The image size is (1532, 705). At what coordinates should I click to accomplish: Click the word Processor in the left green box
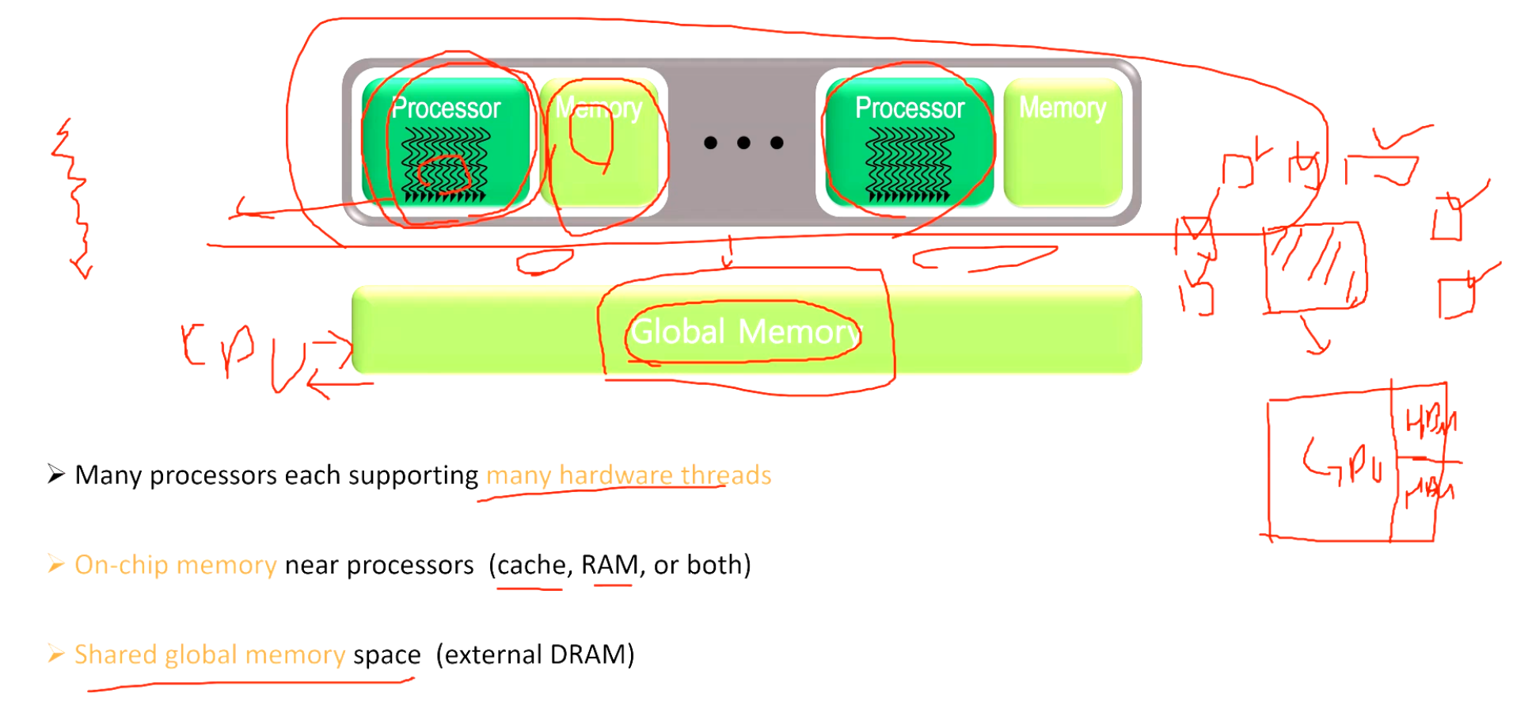coord(446,109)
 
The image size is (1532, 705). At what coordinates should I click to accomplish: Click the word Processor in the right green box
coord(910,109)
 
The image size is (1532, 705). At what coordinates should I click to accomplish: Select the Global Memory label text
coord(744,331)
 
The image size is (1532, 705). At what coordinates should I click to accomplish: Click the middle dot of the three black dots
coord(743,143)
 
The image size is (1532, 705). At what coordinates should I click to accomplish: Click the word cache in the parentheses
coord(531,565)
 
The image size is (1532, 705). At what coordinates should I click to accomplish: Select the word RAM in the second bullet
coord(610,565)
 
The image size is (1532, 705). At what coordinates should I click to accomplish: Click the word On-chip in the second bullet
coord(121,565)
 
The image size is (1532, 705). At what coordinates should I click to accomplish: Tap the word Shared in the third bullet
coord(116,655)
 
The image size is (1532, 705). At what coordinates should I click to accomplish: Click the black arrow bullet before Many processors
coord(55,474)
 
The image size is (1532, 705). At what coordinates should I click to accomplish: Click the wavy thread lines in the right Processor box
coord(909,162)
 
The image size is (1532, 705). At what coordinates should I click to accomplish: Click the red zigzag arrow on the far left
coord(75,198)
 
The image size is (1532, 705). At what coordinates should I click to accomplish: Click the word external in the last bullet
coord(492,655)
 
